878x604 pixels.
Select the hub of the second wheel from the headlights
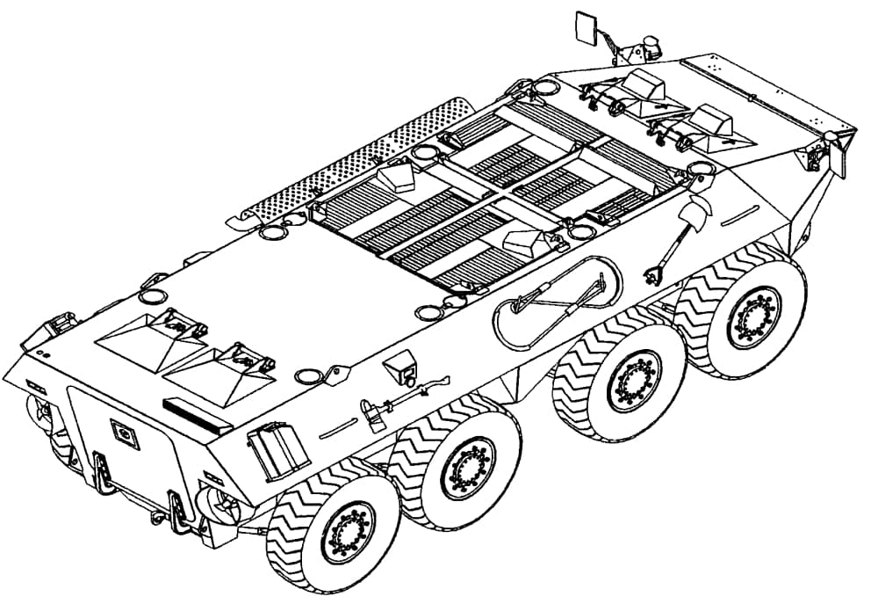click(x=467, y=467)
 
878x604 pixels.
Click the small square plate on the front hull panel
click(x=125, y=433)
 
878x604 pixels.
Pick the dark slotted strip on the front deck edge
click(x=197, y=412)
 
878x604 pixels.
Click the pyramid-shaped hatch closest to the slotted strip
click(x=217, y=369)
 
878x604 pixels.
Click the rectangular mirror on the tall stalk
click(x=585, y=27)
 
